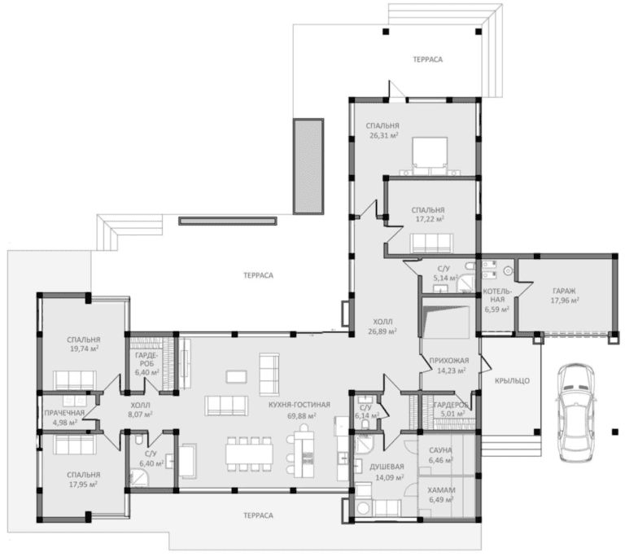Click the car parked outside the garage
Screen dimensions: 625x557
click(577, 411)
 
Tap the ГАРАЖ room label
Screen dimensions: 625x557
click(564, 291)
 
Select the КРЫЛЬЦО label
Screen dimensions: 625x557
click(512, 380)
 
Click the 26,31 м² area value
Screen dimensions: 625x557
click(384, 135)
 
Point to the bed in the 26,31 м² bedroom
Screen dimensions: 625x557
click(430, 156)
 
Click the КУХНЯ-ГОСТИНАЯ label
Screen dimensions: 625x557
click(299, 405)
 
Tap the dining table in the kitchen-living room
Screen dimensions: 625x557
click(249, 454)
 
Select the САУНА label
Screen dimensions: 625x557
click(440, 450)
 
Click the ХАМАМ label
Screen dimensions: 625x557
click(441, 490)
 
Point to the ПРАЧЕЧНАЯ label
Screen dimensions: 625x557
click(64, 413)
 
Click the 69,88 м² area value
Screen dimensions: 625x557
click(302, 416)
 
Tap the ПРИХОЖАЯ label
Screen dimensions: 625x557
click(449, 361)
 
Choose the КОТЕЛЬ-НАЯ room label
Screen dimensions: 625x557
click(496, 296)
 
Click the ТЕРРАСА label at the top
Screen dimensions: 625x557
click(428, 59)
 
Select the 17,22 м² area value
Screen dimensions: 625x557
click(429, 219)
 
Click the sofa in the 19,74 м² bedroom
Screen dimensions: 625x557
click(75, 379)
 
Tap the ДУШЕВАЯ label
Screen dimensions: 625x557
click(387, 467)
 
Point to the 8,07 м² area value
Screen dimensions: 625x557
click(140, 414)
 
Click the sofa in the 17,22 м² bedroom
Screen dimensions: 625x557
click(431, 243)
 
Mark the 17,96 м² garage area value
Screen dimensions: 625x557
click(565, 300)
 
